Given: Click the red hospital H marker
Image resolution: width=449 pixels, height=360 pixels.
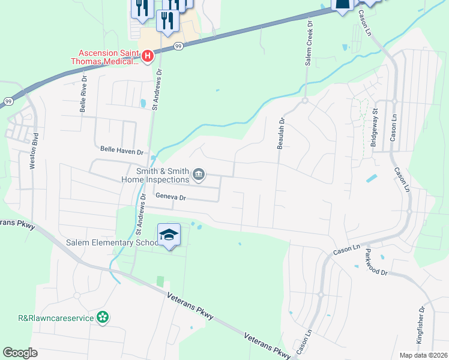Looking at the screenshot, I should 148,56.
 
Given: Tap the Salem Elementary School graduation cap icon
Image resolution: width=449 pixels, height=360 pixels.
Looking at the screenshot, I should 169,234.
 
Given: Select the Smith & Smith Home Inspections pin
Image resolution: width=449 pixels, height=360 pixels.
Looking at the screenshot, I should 199,175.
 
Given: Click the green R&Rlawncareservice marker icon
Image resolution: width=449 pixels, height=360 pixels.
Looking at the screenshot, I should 103,316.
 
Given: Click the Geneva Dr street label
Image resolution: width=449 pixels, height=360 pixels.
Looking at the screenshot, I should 171,196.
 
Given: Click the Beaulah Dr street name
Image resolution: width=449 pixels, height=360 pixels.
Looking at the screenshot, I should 280,133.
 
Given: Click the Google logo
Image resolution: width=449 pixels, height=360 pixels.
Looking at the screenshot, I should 20,353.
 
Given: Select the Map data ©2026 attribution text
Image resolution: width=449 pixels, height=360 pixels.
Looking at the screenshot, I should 423,355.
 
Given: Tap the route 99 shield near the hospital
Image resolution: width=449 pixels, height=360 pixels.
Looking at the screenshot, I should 178,46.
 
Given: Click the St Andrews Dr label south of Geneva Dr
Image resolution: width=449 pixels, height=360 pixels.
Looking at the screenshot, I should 140,214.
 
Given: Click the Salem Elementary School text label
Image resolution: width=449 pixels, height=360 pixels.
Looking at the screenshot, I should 111,242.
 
